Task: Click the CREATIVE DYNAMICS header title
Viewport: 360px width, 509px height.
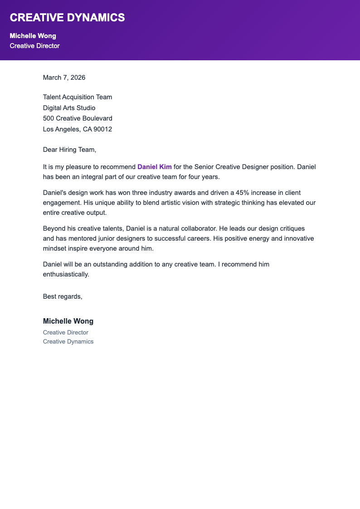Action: (x=67, y=18)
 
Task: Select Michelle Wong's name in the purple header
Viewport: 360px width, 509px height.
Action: (x=33, y=36)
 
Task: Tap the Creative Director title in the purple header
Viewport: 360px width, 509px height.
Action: (x=34, y=46)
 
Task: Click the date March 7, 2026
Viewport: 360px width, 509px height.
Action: (x=64, y=78)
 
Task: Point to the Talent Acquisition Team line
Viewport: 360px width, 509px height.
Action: (x=77, y=97)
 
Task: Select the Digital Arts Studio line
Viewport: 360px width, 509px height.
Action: (x=69, y=108)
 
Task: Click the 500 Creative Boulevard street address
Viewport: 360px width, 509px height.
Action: (x=78, y=118)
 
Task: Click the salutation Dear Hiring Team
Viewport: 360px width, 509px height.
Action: (x=69, y=150)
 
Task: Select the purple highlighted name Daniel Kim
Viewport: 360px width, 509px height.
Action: (x=155, y=167)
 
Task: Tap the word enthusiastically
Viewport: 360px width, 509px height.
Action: (x=66, y=274)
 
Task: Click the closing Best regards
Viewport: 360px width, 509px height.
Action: (x=63, y=296)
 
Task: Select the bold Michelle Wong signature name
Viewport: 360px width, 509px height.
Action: (x=68, y=321)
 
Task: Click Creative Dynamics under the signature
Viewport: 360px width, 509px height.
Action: (x=68, y=341)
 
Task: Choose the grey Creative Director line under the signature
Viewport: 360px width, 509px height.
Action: (x=65, y=333)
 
